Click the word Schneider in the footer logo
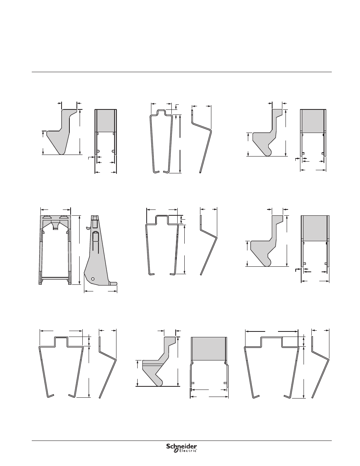pyautogui.click(x=181, y=446)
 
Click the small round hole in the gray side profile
pyautogui.click(x=93, y=279)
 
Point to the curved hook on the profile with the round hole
pyautogui.click(x=87, y=228)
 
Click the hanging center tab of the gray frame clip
pyautogui.click(x=55, y=226)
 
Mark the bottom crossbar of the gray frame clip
pyautogui.click(x=56, y=279)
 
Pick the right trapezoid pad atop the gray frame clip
pyautogui.click(x=63, y=217)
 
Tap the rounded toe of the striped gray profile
pyautogui.click(x=160, y=382)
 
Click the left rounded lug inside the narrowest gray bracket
pyautogui.click(x=97, y=151)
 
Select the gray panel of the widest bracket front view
pyautogui.click(x=209, y=349)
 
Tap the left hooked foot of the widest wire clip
pyautogui.click(x=256, y=396)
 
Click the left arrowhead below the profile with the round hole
pyautogui.click(x=86, y=291)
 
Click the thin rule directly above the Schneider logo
pyautogui.click(x=182, y=441)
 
